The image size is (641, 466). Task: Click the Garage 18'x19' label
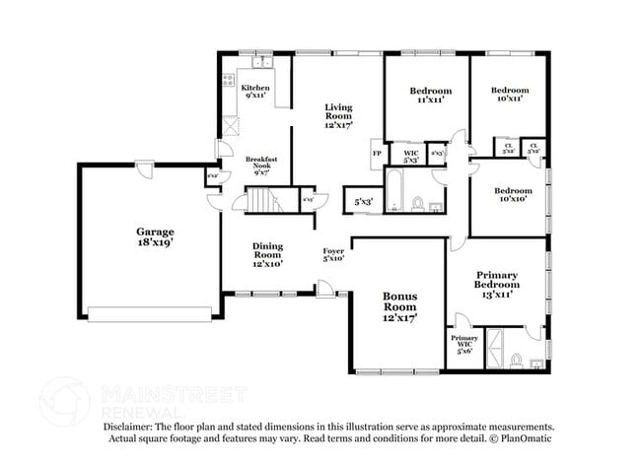tap(155, 238)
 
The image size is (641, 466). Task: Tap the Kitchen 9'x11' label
tap(254, 92)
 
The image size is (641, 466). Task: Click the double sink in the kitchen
tap(261, 64)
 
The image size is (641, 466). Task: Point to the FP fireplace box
tap(377, 155)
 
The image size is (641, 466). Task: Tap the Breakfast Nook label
tap(261, 165)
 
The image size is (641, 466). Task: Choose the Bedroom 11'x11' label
tap(430, 96)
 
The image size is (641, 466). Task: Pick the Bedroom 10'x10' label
tap(513, 195)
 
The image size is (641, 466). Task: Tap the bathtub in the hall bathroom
tap(393, 192)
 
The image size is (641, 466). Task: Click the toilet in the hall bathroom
tap(418, 204)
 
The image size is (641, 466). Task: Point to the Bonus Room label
tap(400, 306)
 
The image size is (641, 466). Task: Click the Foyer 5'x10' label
tap(333, 254)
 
